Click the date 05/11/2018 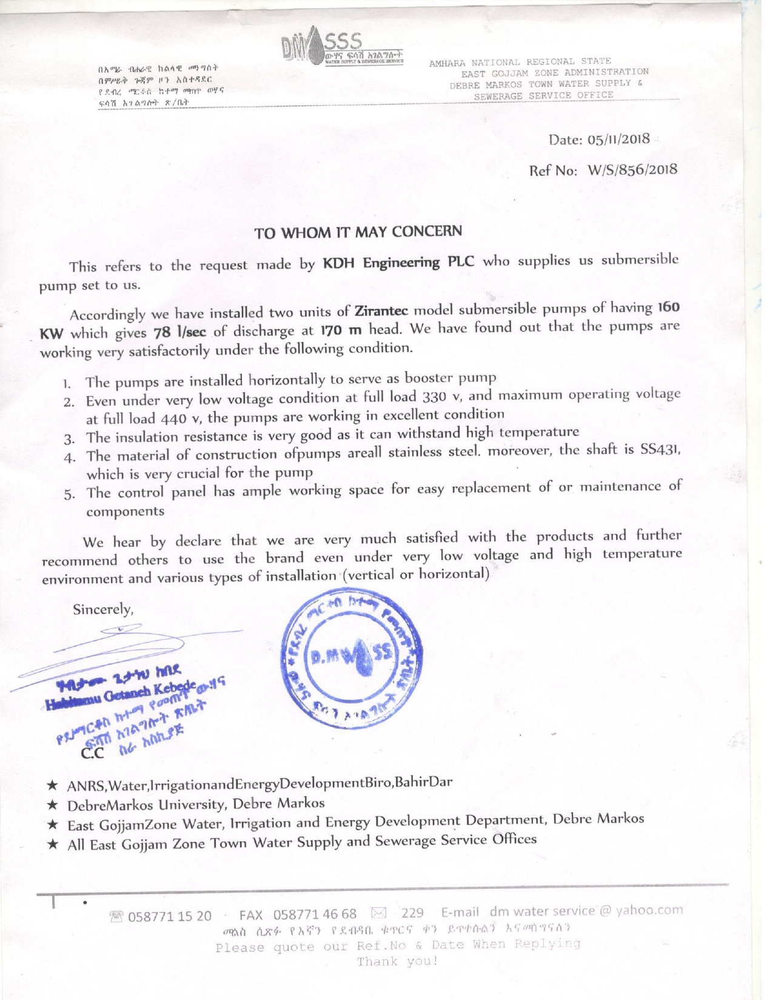coord(618,139)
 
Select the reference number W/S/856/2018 coord(632,169)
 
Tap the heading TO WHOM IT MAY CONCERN coord(358,232)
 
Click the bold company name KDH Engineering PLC coord(398,262)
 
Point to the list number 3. coord(69,439)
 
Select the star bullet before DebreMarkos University coord(53,805)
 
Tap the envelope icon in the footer coord(378,913)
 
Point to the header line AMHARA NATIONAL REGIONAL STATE coord(520,62)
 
